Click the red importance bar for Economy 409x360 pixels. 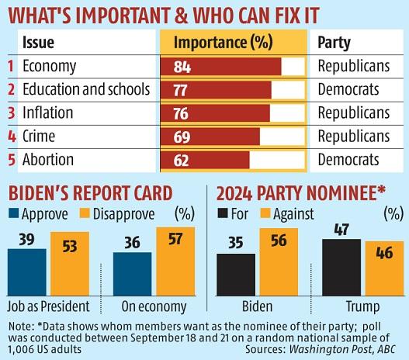coord(220,66)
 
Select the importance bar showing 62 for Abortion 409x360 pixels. coord(205,160)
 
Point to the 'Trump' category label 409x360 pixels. coord(357,304)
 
